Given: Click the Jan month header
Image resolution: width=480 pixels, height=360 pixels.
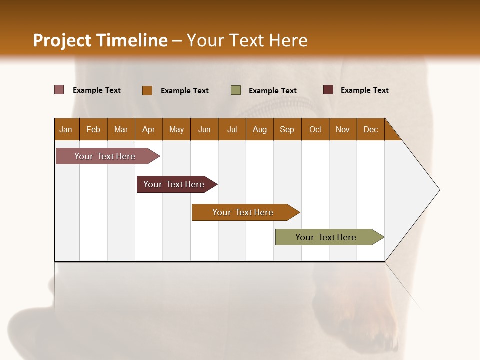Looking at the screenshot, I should (x=66, y=129).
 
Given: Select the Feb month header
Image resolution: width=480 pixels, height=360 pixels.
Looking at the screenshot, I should (x=93, y=129).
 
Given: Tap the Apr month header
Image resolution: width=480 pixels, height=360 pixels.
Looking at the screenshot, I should (x=148, y=129).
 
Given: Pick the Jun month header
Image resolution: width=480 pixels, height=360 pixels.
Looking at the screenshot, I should (x=204, y=129).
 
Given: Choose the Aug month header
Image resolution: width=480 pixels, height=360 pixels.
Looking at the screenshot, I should (x=259, y=129).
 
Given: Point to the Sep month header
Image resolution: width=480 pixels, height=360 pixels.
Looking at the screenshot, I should (x=287, y=129).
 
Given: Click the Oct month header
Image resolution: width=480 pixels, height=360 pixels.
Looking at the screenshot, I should (x=315, y=129).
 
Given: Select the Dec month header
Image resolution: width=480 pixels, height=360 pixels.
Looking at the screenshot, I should (x=370, y=129).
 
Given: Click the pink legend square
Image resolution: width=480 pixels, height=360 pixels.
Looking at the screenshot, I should (x=59, y=90).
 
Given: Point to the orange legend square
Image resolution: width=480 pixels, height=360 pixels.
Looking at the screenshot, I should (x=147, y=90).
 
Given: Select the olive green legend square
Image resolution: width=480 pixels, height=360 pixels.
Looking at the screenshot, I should (x=235, y=90).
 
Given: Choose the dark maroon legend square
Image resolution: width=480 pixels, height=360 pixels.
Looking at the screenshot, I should (x=328, y=90).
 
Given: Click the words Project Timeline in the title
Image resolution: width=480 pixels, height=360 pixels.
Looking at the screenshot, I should (x=100, y=40).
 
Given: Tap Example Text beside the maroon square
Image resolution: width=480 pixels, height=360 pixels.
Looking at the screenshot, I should (x=364, y=90).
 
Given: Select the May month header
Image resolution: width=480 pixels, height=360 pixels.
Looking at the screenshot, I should (x=176, y=129).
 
